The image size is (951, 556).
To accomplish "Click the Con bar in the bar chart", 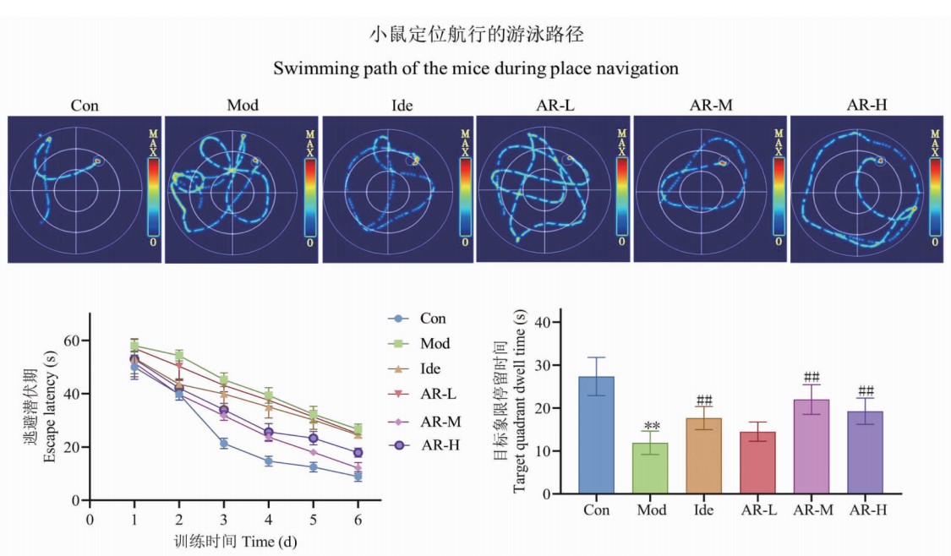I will click(597, 435).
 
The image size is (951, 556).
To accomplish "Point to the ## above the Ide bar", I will click(704, 400).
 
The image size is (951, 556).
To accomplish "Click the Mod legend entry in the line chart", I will click(435, 344).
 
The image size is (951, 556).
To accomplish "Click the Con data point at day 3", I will click(224, 444).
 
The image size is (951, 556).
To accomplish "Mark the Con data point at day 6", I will click(358, 477).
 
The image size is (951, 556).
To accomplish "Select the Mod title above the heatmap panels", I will click(243, 106).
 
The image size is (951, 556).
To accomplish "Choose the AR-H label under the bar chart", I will click(866, 510).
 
